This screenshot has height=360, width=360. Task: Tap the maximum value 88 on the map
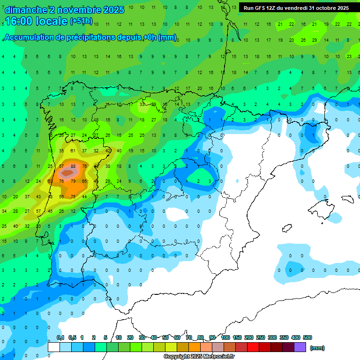coord(73,166)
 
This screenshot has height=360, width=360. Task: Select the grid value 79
coord(73,181)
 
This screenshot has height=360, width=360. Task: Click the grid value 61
coord(73,150)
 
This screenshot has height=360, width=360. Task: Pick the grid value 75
coord(73,196)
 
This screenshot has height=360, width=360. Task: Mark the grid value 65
coord(85,181)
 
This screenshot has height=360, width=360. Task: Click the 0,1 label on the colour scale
coord(60,338)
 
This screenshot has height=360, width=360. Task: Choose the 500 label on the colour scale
coord(307,338)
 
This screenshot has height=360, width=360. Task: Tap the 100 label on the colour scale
coord(225,338)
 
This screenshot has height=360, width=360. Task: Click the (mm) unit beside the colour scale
coord(317,348)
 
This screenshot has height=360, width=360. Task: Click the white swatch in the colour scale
coord(54,347)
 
